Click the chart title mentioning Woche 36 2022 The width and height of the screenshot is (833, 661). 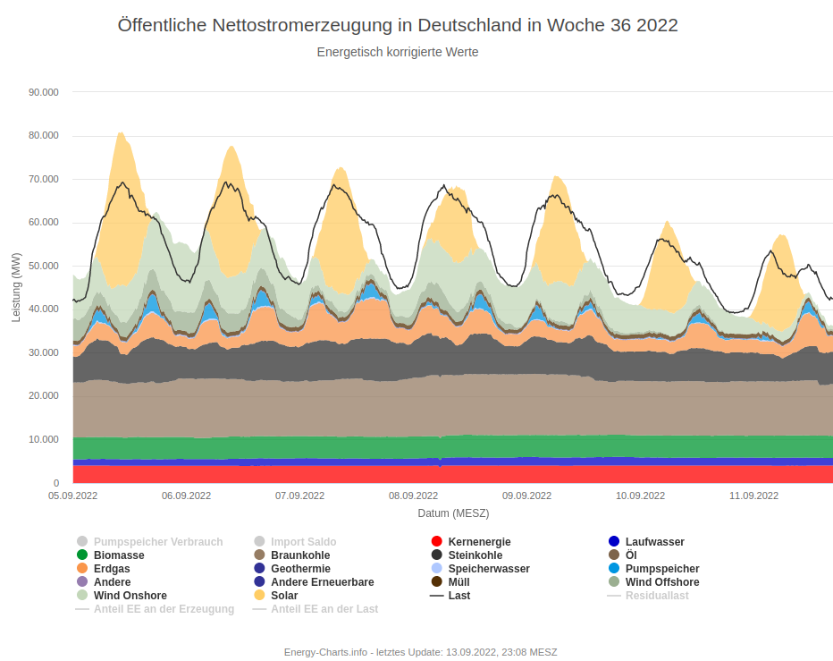click(398, 25)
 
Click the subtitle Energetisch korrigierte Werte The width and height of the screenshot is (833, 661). click(398, 52)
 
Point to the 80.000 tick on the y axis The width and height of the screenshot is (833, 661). click(44, 135)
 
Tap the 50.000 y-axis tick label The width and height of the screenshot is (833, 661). click(44, 266)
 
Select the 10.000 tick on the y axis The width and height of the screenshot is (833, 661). click(44, 439)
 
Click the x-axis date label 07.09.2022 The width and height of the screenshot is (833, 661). click(299, 496)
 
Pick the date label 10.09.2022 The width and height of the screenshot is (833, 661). click(640, 496)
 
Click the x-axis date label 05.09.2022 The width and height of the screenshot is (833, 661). click(73, 496)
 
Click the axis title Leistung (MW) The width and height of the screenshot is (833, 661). click(16, 287)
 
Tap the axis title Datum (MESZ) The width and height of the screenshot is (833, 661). click(453, 513)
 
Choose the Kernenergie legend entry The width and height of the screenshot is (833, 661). click(479, 542)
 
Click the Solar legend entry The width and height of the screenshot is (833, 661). click(284, 596)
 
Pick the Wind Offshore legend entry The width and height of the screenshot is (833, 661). click(662, 582)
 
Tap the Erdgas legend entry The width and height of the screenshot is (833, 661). click(112, 569)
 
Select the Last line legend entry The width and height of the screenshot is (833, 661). click(459, 596)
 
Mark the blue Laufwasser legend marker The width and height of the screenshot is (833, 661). click(614, 541)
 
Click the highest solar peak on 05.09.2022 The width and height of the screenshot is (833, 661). click(120, 133)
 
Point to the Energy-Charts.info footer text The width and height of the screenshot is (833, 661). click(420, 652)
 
